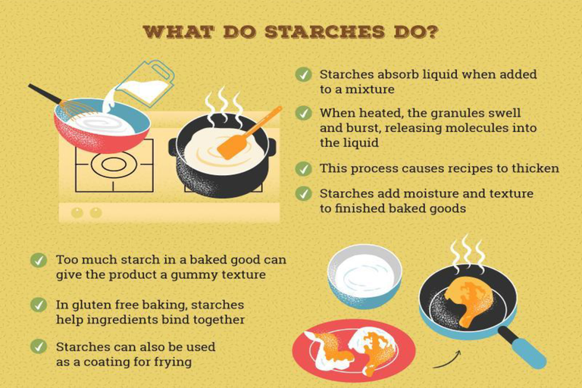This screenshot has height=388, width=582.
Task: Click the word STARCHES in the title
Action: (x=325, y=32)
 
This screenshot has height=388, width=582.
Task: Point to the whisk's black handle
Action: (x=45, y=94)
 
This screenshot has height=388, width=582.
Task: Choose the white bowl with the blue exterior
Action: (x=364, y=277)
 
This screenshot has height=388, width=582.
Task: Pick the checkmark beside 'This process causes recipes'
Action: (x=303, y=168)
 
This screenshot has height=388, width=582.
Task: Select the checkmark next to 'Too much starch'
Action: (x=39, y=260)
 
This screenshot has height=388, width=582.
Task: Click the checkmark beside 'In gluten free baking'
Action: (x=39, y=305)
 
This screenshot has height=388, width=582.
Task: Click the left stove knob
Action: (x=77, y=213)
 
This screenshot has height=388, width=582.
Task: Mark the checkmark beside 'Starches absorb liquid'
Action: (x=303, y=74)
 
